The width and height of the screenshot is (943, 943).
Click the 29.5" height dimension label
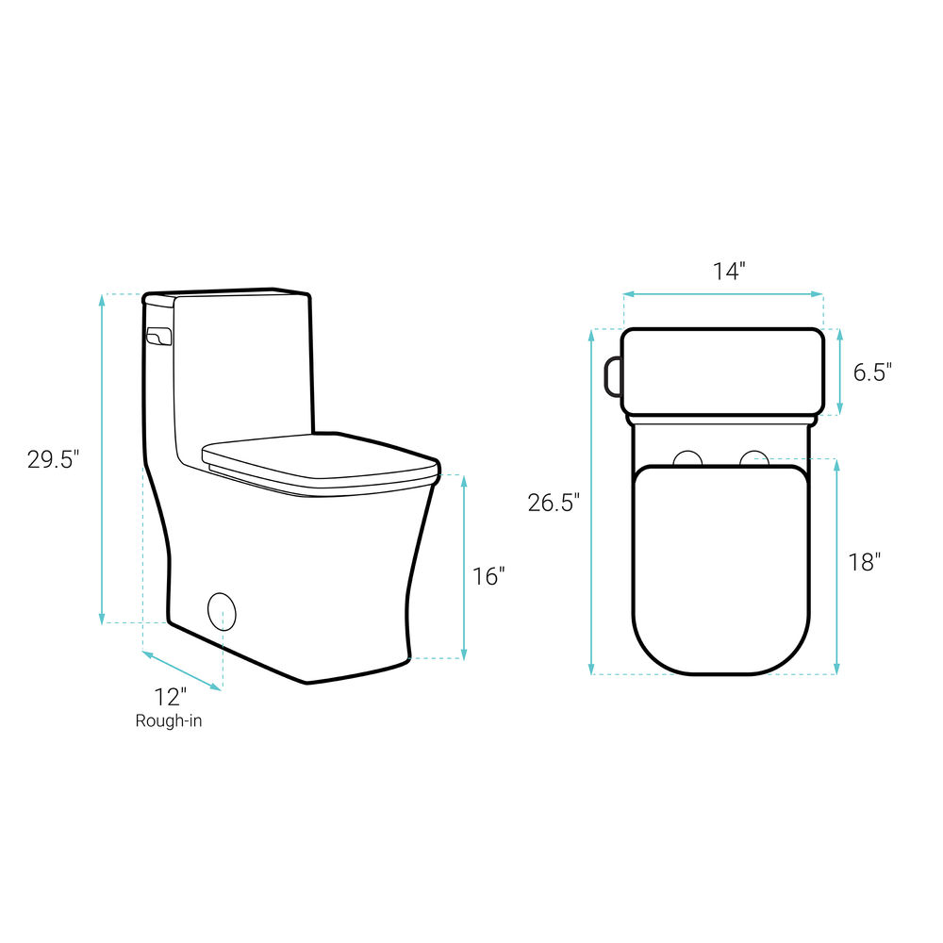[x=53, y=459]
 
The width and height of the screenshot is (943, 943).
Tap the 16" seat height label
[x=488, y=576]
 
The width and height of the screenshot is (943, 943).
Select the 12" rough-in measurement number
[x=170, y=697]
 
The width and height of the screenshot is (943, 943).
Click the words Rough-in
[x=169, y=720]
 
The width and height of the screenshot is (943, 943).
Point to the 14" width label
[x=729, y=272]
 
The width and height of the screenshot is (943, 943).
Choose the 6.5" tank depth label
[x=872, y=372]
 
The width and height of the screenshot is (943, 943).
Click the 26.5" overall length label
[x=554, y=503]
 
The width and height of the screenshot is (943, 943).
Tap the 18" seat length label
[x=864, y=562]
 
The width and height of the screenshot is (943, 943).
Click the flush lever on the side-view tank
[x=159, y=337]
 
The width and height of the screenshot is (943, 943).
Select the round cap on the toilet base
[x=222, y=612]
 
